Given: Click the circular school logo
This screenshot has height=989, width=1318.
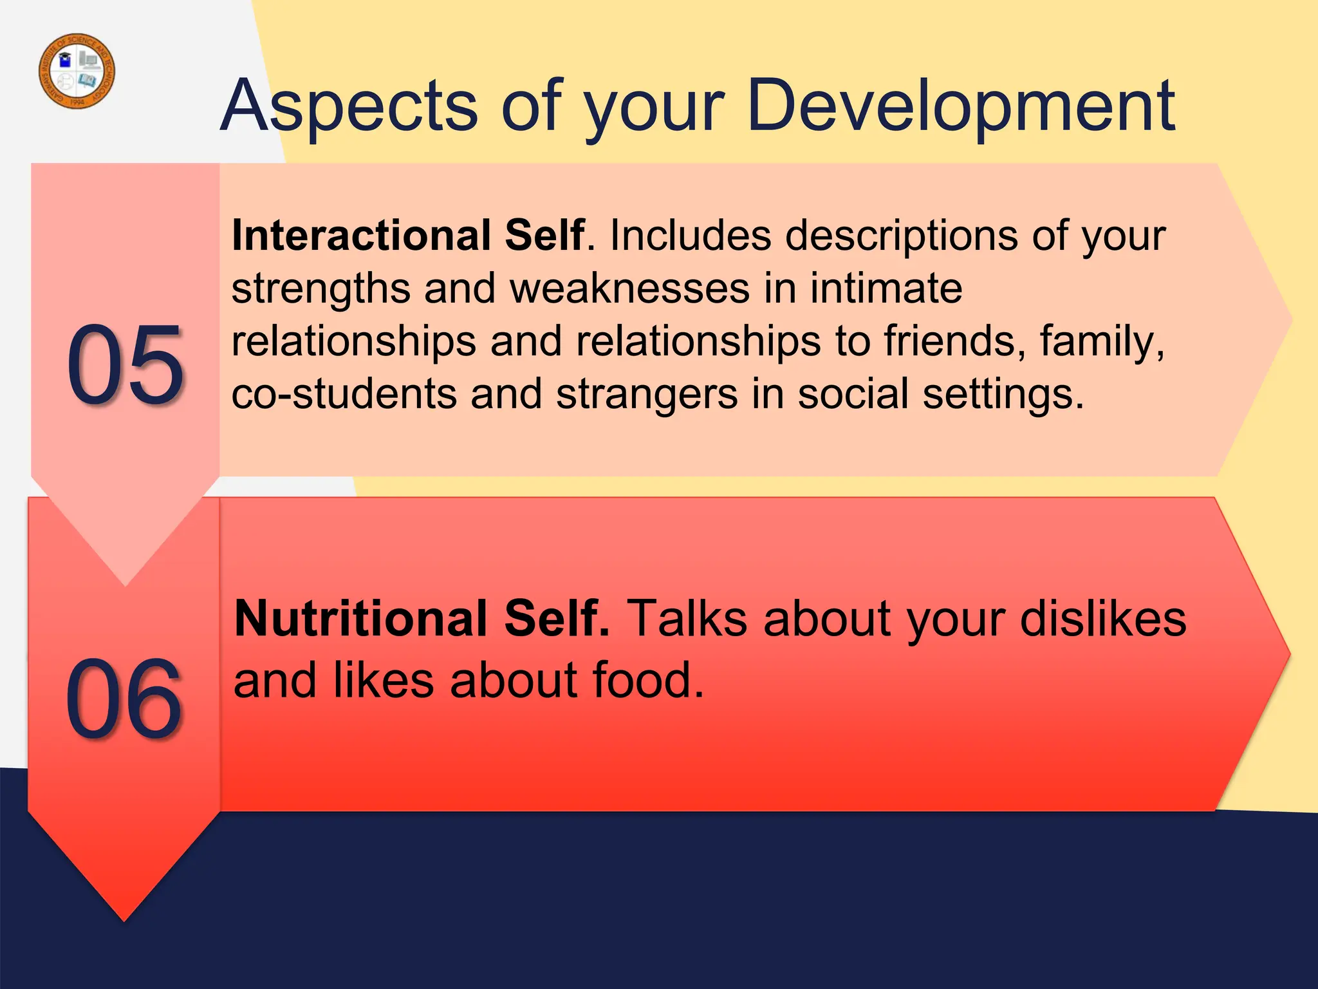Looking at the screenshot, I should pyautogui.click(x=77, y=71).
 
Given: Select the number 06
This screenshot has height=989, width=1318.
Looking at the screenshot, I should pyautogui.click(x=124, y=699).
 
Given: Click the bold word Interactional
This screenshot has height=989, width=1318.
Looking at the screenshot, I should pyautogui.click(x=360, y=235).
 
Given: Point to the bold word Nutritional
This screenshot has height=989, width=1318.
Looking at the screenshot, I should pyautogui.click(x=360, y=618).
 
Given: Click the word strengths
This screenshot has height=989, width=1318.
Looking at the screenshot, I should pyautogui.click(x=320, y=289).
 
